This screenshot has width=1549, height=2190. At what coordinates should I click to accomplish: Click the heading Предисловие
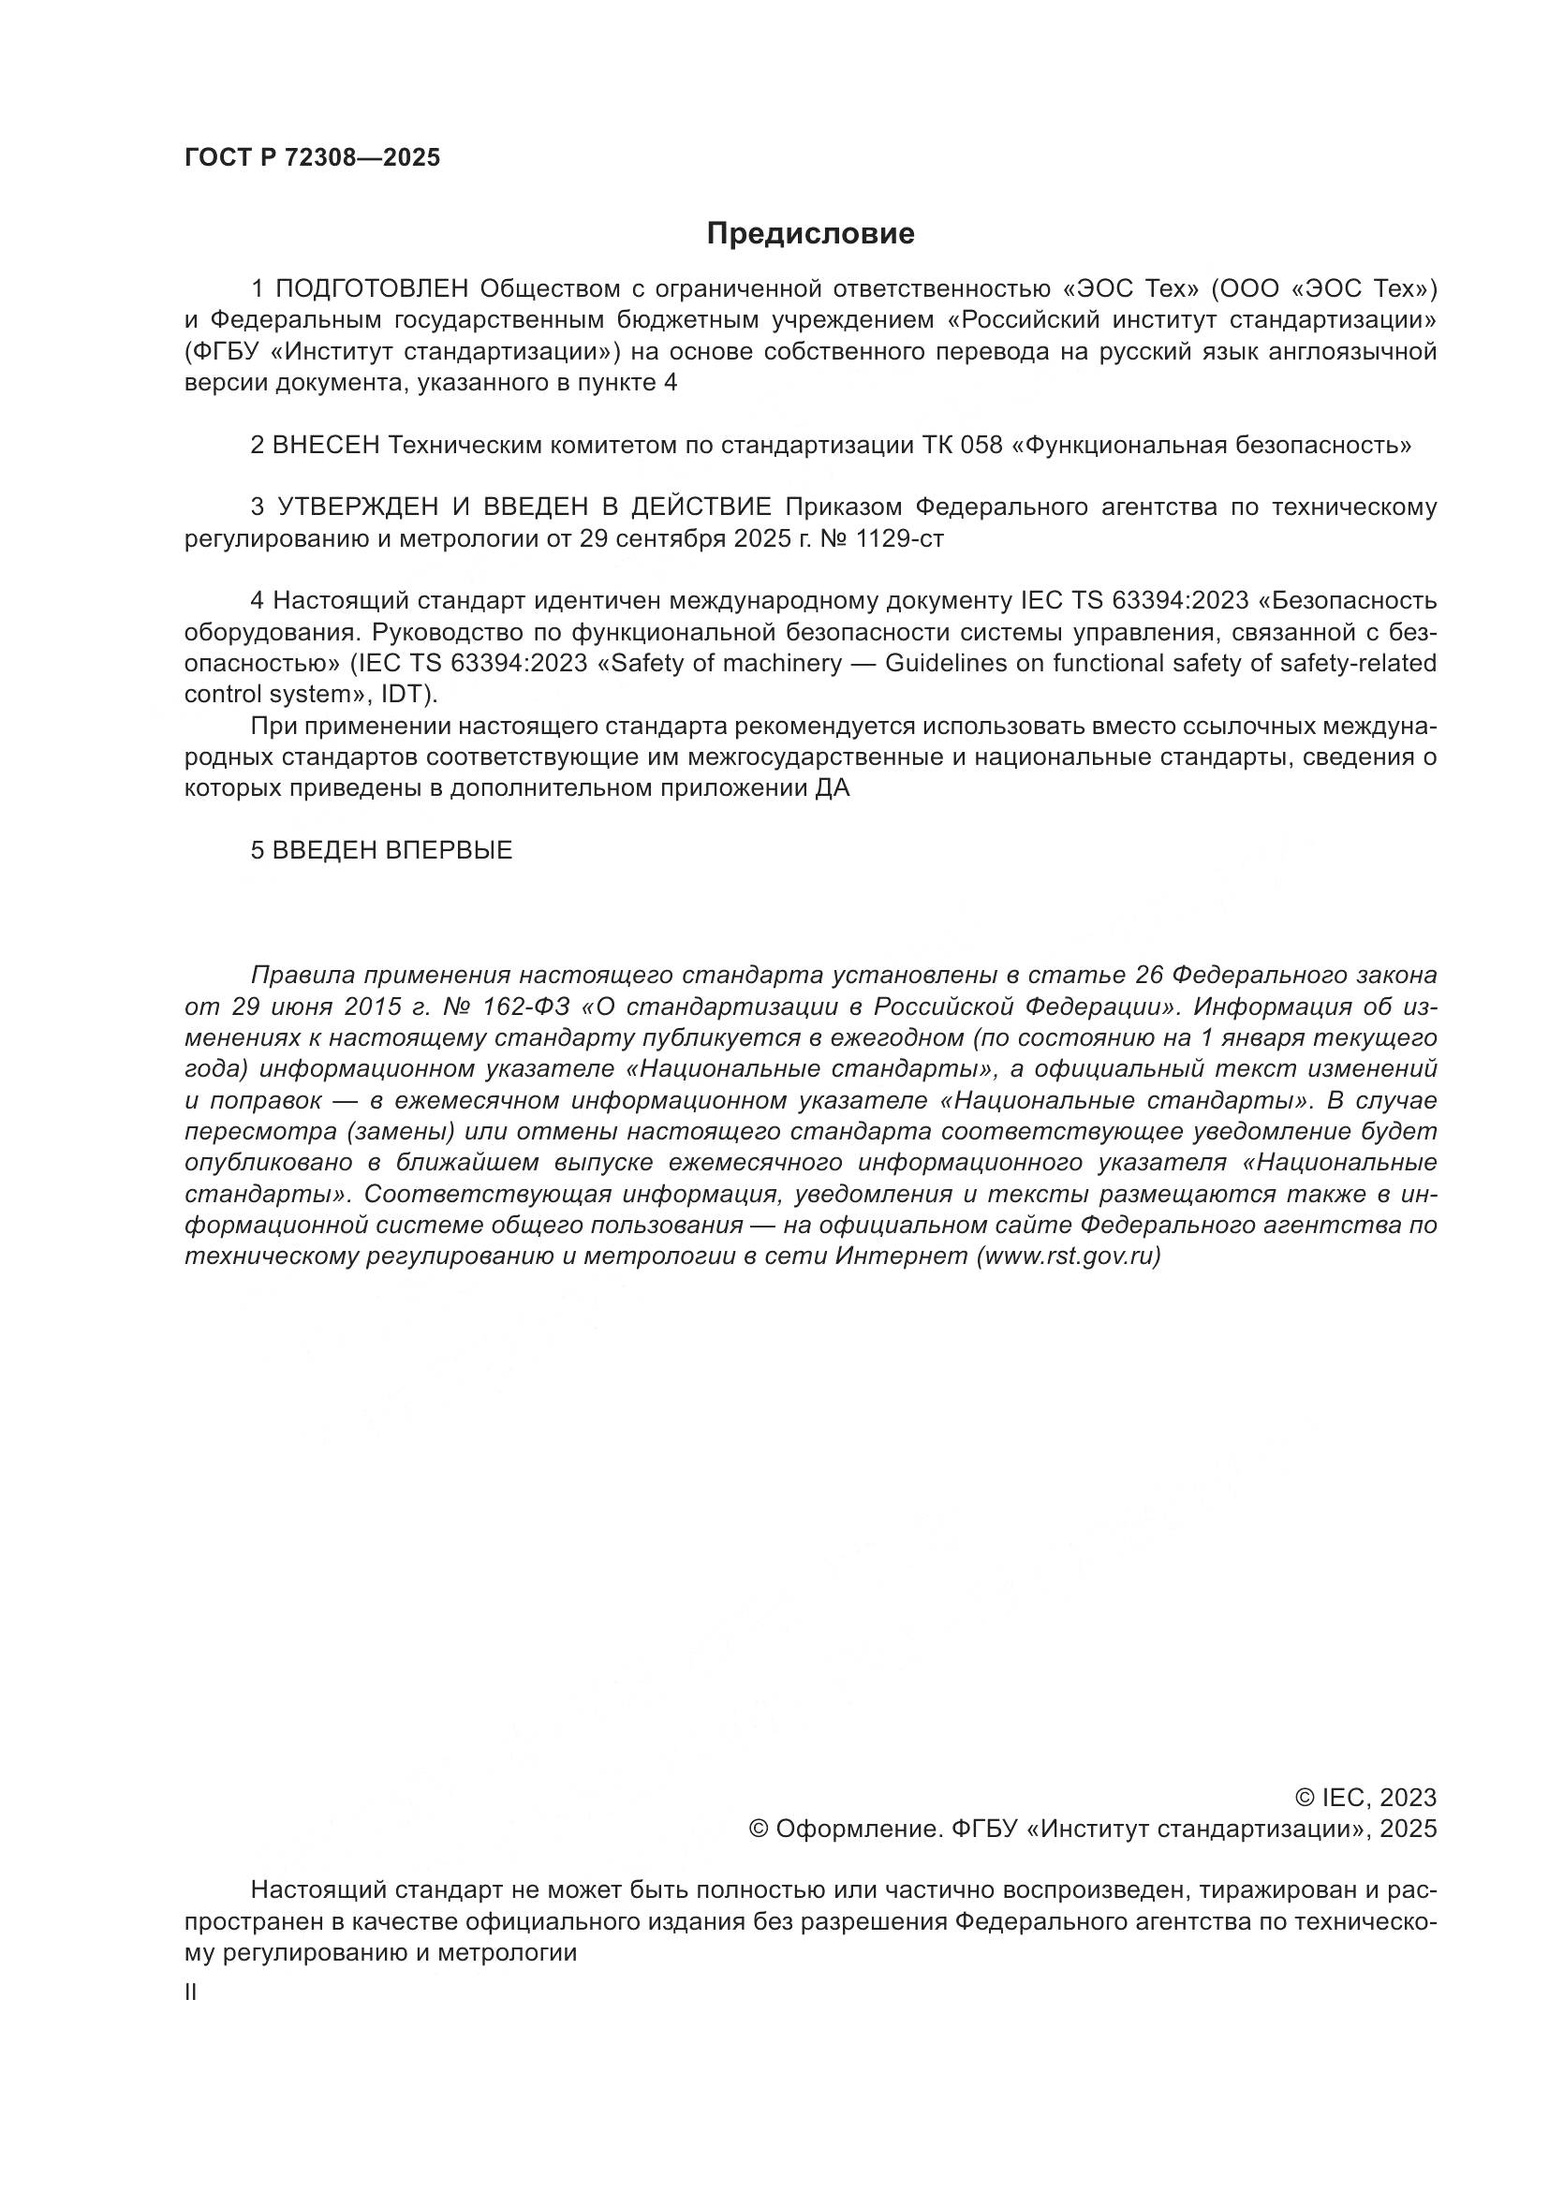click(810, 234)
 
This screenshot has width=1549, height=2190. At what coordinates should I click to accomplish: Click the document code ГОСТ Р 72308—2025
click(312, 158)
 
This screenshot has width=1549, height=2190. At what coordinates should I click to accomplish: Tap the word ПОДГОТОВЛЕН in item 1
click(372, 288)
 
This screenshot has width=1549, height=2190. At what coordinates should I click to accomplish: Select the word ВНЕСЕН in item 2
click(326, 446)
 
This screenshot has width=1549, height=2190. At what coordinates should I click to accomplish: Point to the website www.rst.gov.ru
click(1069, 1257)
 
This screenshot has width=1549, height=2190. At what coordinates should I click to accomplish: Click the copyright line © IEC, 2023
click(1365, 1798)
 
